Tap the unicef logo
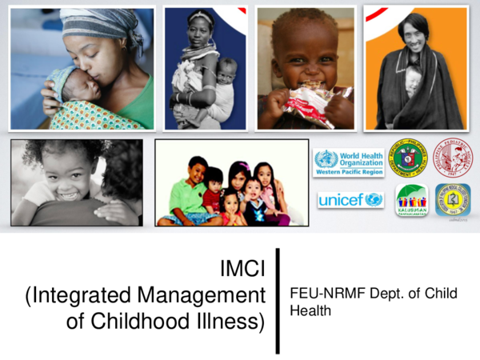pos(350,200)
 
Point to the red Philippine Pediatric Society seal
pos(452,157)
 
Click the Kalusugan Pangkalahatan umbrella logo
pos(411,201)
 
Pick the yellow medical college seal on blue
pos(452,199)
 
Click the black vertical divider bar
pos(278,300)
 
